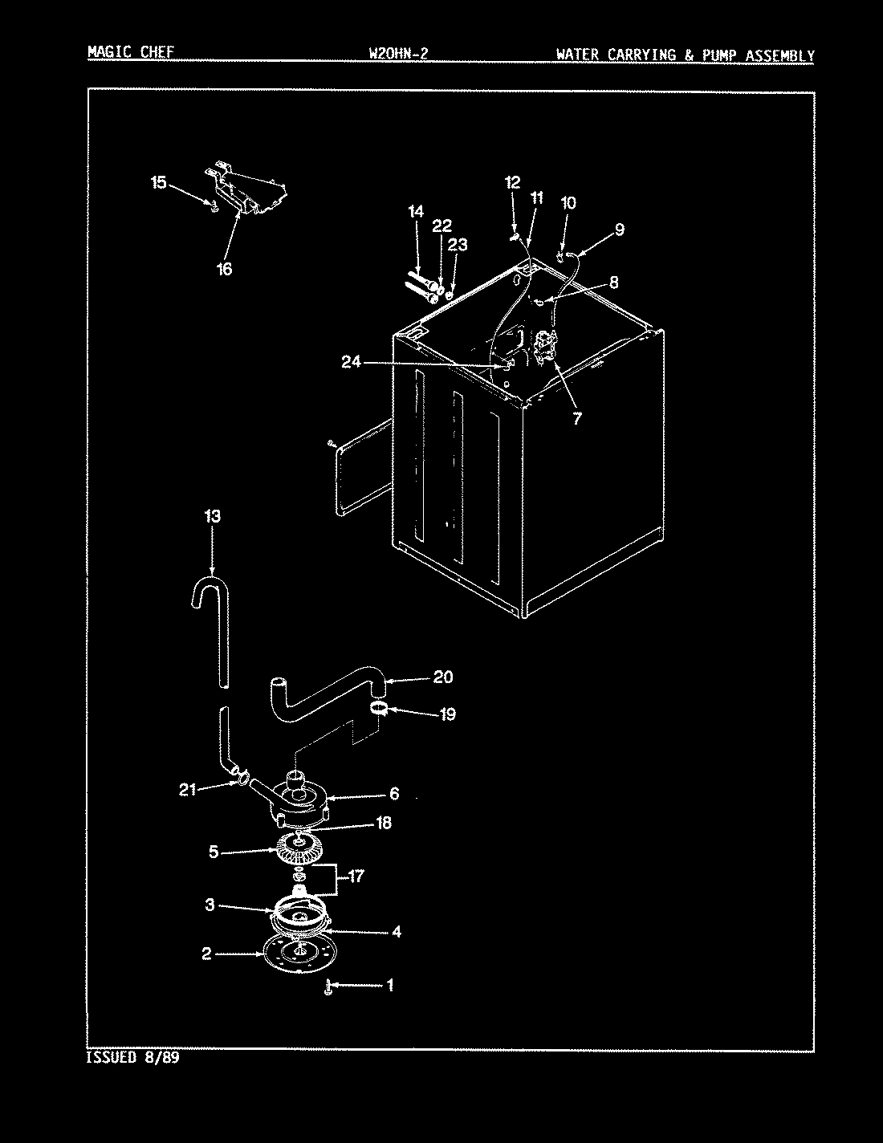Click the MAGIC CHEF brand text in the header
coord(129,54)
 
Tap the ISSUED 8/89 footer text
coord(132,1058)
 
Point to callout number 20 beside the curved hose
coord(442,677)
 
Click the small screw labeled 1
coord(328,987)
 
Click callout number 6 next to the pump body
coord(393,794)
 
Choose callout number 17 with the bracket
coord(354,877)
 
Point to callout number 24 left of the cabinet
coord(351,363)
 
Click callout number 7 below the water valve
coord(576,417)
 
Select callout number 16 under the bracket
coord(224,269)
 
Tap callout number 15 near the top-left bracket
coord(159,183)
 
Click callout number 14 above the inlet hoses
coord(415,212)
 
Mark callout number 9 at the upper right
coord(619,230)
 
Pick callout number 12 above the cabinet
coord(513,182)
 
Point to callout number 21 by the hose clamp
coord(187,790)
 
